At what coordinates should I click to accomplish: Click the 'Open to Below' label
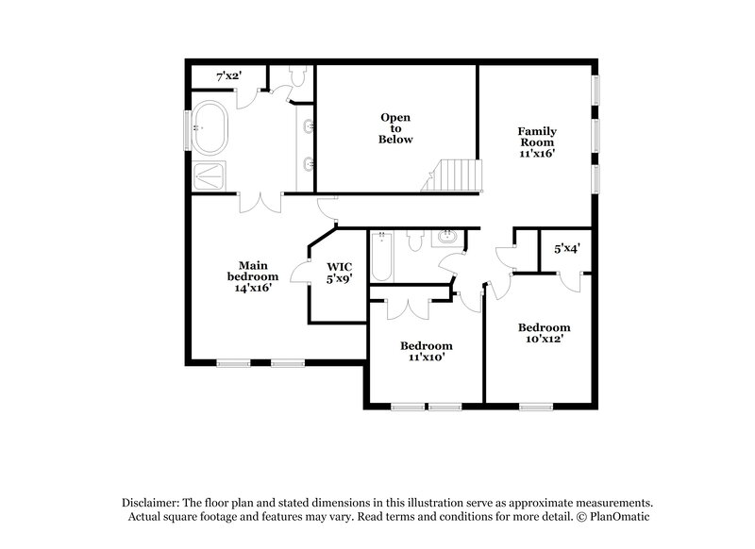pos(396,128)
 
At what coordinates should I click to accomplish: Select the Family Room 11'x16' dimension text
pos(536,153)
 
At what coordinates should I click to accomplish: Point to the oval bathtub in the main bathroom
pos(211,128)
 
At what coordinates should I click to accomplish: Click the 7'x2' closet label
pos(230,75)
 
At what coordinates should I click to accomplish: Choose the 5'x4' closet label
pos(566,249)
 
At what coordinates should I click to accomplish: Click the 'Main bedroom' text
pos(252,271)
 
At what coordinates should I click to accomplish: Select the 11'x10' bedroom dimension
pos(426,358)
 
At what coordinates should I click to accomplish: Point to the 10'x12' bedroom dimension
pos(544,339)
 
